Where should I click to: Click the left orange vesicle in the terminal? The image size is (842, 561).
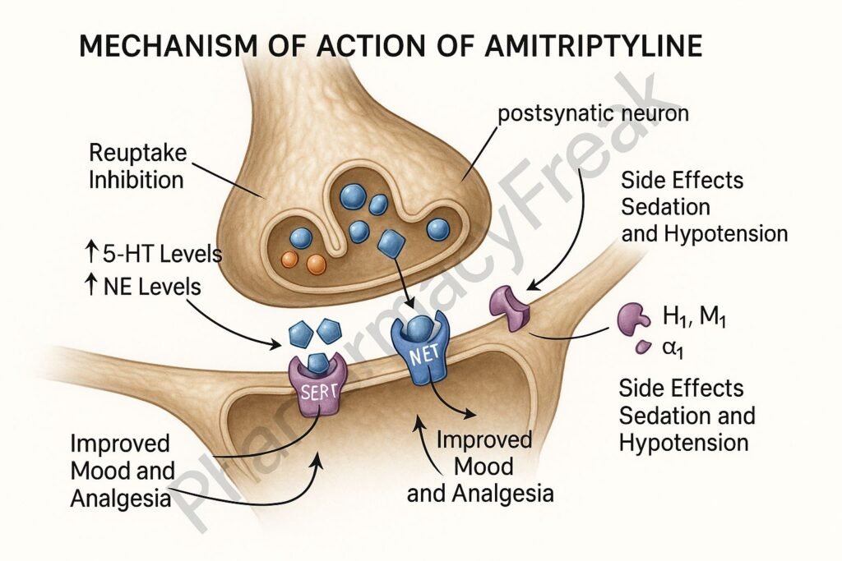pyautogui.click(x=289, y=260)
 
